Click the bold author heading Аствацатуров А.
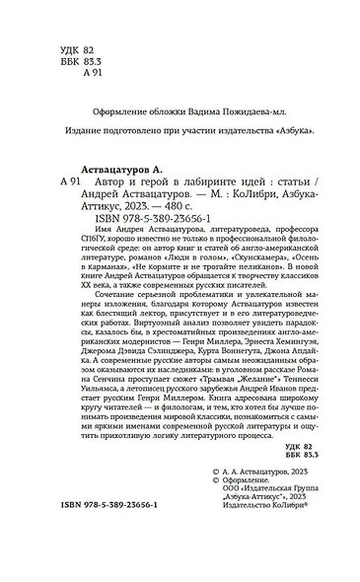coord(124,169)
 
